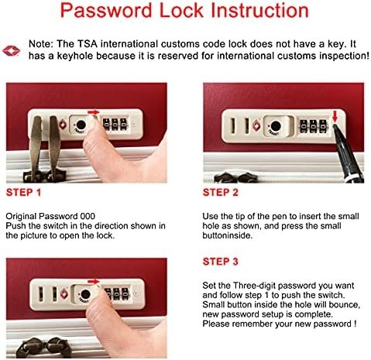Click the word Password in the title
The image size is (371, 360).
[x=106, y=11]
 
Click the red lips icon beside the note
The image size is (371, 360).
[x=11, y=50]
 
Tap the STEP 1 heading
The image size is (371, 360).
[x=23, y=193]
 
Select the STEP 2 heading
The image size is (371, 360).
[x=221, y=193]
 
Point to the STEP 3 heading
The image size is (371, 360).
[x=221, y=262]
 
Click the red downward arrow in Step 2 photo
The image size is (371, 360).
[x=335, y=116]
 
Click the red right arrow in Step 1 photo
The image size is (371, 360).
[x=94, y=112]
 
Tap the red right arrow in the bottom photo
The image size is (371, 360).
[x=94, y=281]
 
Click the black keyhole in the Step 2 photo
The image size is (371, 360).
[x=276, y=126]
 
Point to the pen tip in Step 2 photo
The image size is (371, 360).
[x=335, y=125]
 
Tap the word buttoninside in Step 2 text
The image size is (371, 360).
[x=227, y=235]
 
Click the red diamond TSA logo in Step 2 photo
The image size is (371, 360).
[x=256, y=125]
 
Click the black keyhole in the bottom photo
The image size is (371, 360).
[x=85, y=294]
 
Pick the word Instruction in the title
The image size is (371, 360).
[x=259, y=11]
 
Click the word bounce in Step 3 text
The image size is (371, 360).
[x=344, y=305]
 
